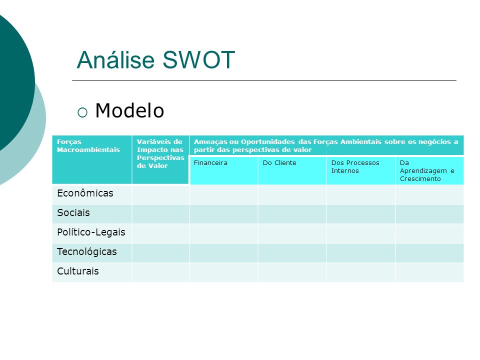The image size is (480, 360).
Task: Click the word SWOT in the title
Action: (x=198, y=59)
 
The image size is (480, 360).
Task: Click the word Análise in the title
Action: (x=115, y=59)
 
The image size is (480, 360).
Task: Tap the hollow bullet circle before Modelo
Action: (x=82, y=112)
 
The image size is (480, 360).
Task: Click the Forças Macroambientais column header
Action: (x=88, y=145)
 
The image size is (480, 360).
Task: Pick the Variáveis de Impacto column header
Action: (x=160, y=153)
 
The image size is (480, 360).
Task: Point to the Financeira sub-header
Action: (x=210, y=163)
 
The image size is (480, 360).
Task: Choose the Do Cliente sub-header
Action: (x=279, y=163)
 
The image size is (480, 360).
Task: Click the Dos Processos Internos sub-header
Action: (x=355, y=167)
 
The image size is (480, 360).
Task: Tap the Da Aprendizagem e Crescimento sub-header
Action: (x=426, y=171)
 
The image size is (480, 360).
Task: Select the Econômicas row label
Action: (x=85, y=193)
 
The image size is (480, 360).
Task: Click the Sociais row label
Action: (x=73, y=212)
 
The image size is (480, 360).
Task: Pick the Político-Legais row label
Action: (x=91, y=232)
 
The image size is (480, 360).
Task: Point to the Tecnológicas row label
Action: (x=86, y=251)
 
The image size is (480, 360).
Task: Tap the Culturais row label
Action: (x=78, y=271)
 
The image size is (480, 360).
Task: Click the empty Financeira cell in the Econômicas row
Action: (x=223, y=194)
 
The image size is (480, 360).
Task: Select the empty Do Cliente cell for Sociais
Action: (x=292, y=214)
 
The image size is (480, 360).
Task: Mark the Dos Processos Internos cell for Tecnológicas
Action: (x=360, y=253)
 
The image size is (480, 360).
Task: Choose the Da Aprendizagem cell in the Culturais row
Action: (x=429, y=272)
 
